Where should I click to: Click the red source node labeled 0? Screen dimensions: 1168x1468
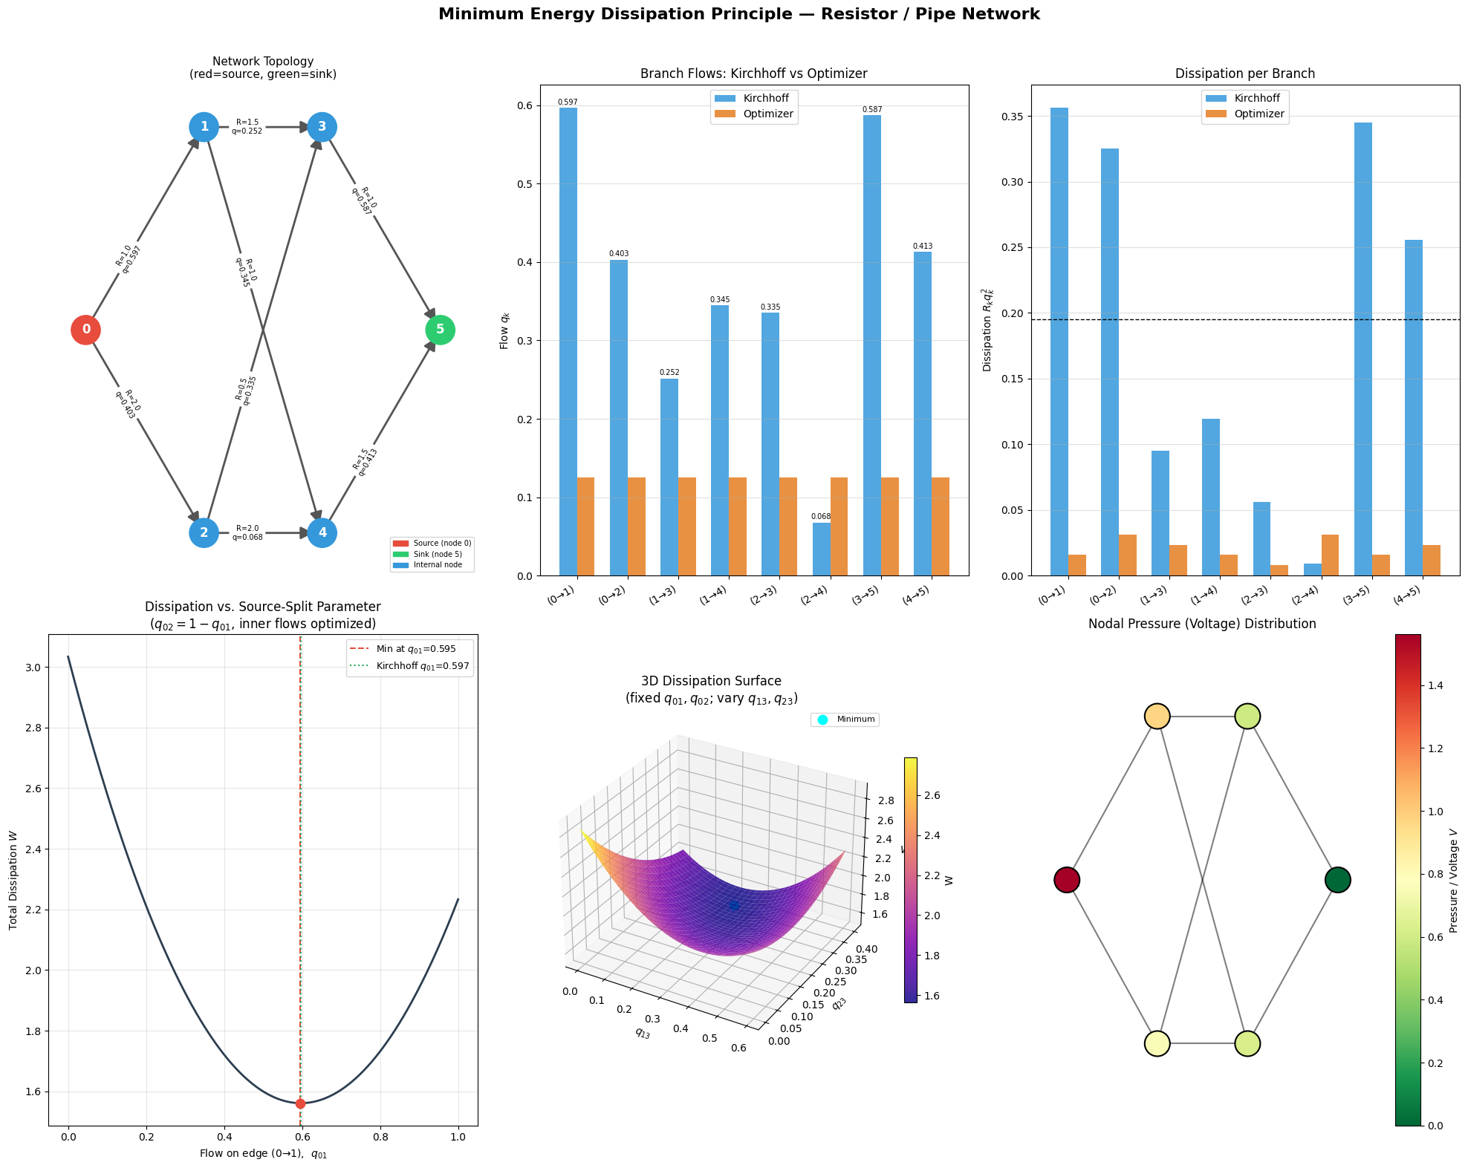pos(86,330)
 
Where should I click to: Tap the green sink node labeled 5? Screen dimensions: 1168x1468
pos(440,330)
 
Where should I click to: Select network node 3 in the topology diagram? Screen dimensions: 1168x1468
pos(322,127)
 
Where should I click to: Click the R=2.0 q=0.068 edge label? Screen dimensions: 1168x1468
pos(247,533)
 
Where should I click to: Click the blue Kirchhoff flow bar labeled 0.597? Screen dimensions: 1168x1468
pos(568,342)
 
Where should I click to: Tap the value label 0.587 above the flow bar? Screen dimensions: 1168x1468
pos(872,110)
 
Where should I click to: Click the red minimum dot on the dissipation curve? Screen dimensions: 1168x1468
pos(300,1103)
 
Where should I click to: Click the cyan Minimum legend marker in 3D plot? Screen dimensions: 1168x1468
pos(822,720)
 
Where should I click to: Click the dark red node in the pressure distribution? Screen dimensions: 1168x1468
pos(1067,880)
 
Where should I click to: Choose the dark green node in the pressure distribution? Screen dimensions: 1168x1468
pos(1337,880)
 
